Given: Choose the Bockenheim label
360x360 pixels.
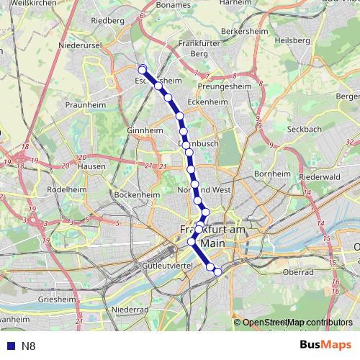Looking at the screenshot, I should (136, 194).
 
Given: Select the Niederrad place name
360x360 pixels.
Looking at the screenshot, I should (130, 310).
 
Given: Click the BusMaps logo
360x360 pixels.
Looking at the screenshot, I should (325, 346).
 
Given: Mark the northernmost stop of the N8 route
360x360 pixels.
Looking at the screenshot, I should (142, 69).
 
